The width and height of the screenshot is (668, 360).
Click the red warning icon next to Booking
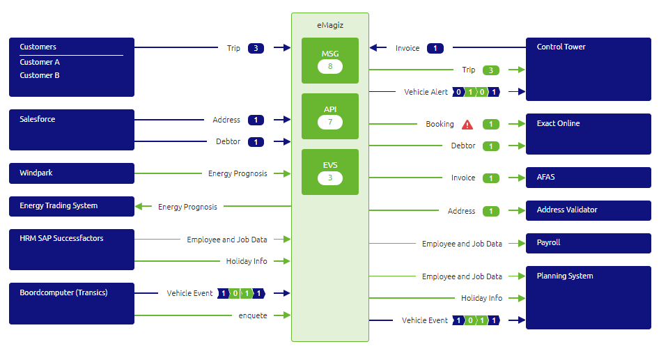[467, 125]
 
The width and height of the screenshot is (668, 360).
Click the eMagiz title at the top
[329, 25]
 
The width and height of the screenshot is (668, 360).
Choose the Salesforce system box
[71, 130]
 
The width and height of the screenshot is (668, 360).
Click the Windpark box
[71, 173]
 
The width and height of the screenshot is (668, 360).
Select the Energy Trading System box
[71, 206]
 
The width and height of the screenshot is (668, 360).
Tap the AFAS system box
[588, 178]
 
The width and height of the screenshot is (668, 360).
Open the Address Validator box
[588, 210]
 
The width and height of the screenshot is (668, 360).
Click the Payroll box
[588, 243]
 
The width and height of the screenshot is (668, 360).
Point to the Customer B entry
[40, 75]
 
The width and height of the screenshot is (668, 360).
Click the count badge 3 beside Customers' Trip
[256, 48]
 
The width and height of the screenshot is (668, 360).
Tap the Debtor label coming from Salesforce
[228, 142]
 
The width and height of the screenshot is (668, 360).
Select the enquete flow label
[253, 315]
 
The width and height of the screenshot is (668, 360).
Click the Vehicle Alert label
[426, 92]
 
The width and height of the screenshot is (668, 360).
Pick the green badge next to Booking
[491, 125]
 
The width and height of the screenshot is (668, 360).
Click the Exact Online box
[588, 134]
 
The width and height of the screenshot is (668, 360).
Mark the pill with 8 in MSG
[330, 67]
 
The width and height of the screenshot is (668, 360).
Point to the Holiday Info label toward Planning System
[481, 298]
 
